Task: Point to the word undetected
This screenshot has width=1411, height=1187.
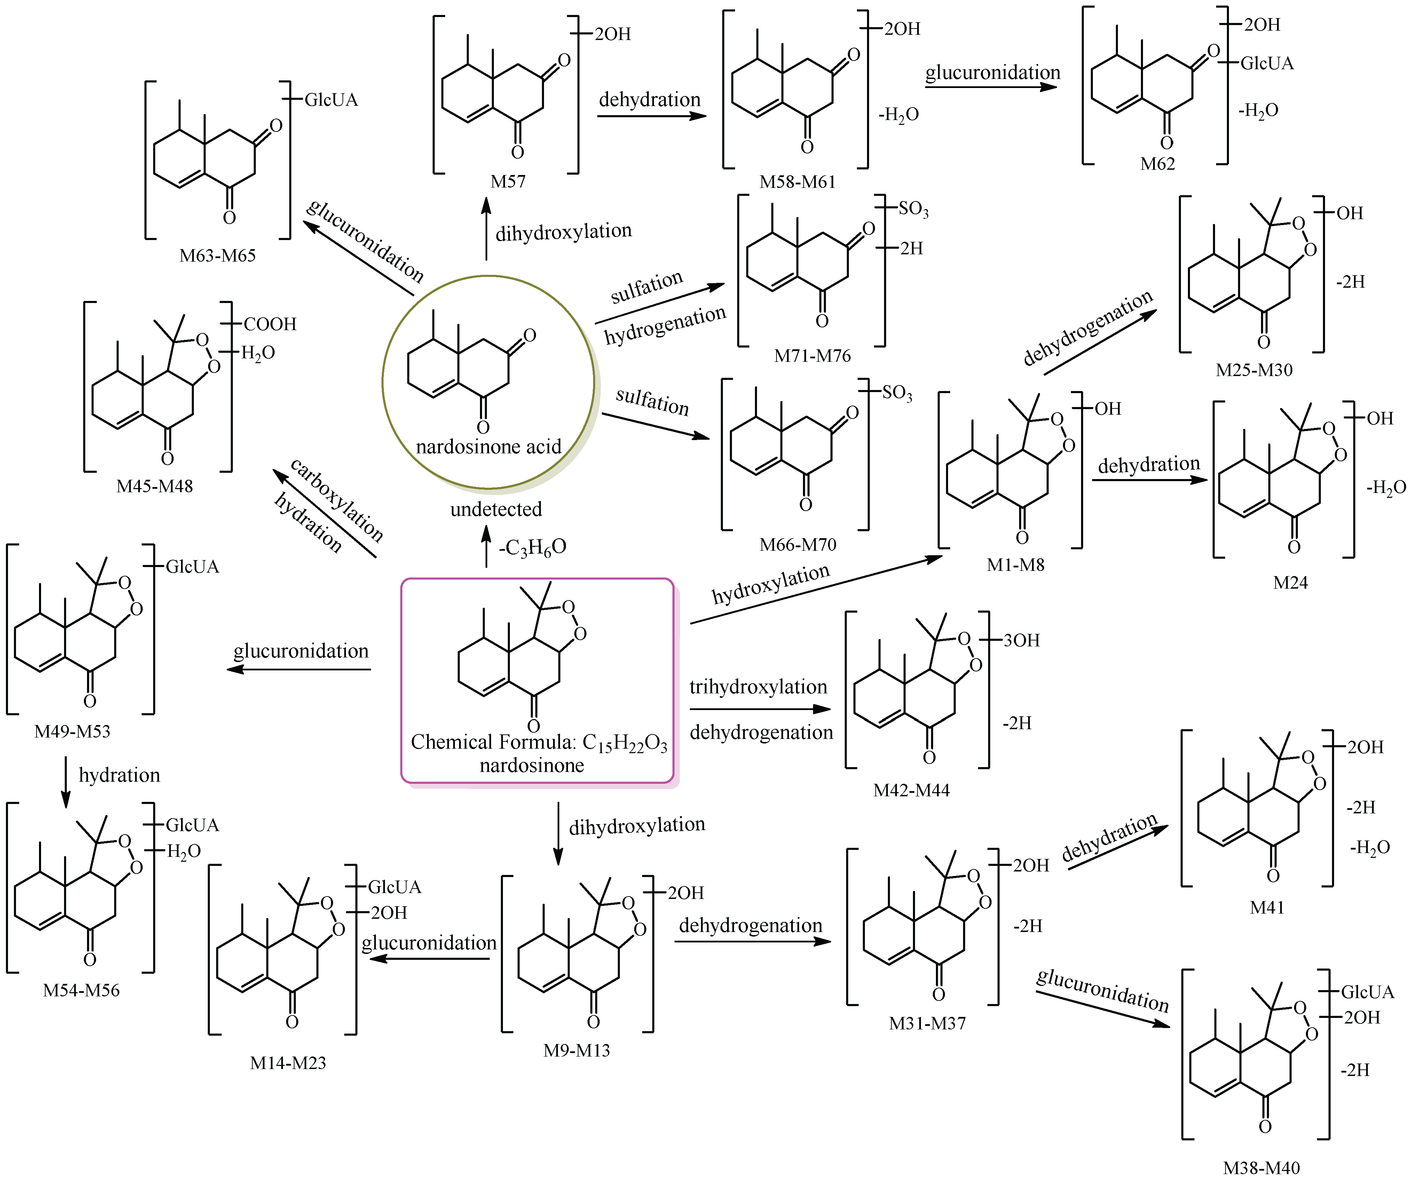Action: coord(496,509)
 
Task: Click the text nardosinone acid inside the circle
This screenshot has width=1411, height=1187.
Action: coord(489,447)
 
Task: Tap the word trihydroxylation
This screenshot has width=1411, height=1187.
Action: coord(758,687)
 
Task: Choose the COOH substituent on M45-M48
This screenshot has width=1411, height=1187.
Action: coord(270,324)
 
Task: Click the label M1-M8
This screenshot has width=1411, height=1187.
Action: coord(1015,565)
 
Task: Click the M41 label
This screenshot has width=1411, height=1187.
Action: coord(1267,908)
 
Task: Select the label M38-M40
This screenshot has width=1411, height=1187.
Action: coord(1261,1168)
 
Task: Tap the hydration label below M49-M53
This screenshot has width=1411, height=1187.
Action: coord(119,775)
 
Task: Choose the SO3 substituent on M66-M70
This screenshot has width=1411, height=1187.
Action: coord(897,393)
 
